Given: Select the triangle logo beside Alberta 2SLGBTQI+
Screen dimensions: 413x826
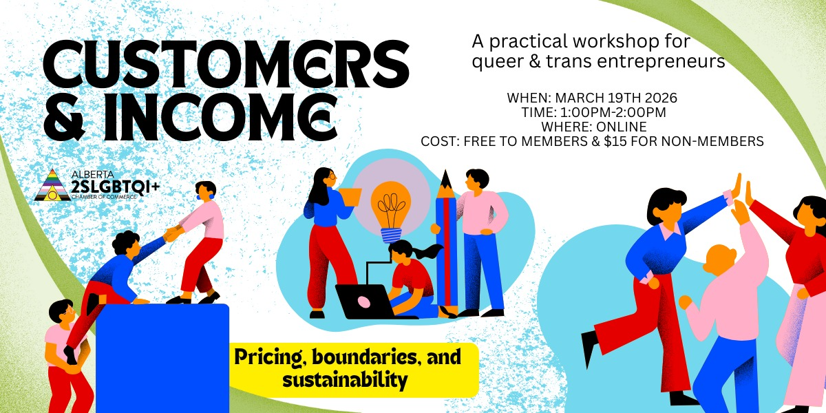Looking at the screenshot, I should [x=52, y=184].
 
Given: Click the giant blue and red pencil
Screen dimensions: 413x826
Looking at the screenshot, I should [x=445, y=241].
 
